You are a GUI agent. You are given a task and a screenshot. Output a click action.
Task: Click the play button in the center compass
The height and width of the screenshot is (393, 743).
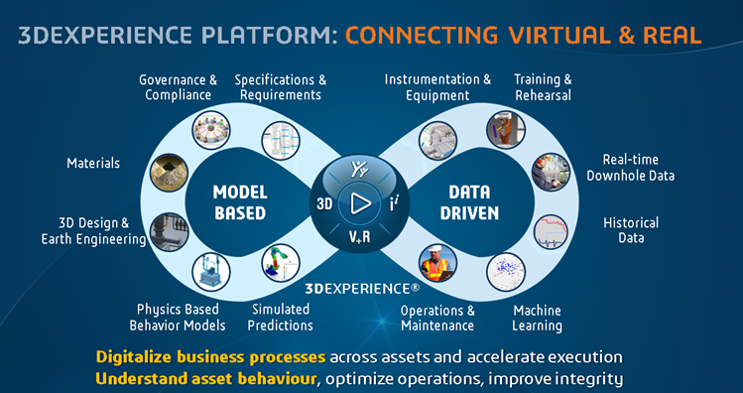click(x=361, y=203)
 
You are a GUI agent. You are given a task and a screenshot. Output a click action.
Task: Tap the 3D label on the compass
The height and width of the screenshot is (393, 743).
click(x=324, y=204)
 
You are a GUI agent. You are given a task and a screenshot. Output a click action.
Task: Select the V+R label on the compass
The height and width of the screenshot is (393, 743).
click(x=360, y=237)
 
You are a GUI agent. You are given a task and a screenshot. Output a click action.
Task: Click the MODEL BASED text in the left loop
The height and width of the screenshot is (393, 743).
click(x=240, y=202)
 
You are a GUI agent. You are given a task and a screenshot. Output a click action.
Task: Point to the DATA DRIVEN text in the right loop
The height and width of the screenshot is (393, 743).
click(x=469, y=202)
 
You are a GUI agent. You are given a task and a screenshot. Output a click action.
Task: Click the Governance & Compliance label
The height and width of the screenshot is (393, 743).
click(x=179, y=87)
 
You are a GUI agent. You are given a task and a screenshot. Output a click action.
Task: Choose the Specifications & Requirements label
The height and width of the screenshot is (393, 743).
click(x=281, y=87)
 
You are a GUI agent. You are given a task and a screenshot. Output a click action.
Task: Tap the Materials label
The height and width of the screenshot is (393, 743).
click(x=93, y=164)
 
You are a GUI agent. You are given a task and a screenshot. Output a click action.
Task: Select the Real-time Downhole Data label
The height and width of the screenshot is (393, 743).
click(x=630, y=168)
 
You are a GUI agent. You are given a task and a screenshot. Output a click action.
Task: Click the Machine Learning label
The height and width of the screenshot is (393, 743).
click(x=538, y=319)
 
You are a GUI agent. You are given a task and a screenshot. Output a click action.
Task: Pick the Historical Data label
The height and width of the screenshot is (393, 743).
click(x=631, y=230)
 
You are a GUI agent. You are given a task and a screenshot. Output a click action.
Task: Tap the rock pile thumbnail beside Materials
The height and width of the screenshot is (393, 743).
click(x=170, y=173)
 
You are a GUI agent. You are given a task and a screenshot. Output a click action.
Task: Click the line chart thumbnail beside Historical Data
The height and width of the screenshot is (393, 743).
click(x=551, y=232)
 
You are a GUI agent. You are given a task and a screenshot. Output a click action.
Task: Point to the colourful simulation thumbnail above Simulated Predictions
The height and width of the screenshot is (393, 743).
click(x=281, y=263)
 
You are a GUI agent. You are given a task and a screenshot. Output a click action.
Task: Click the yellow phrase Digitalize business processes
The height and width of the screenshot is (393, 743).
click(x=210, y=356)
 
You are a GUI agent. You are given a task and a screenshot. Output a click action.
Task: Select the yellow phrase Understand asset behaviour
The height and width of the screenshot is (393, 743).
click(x=205, y=379)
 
